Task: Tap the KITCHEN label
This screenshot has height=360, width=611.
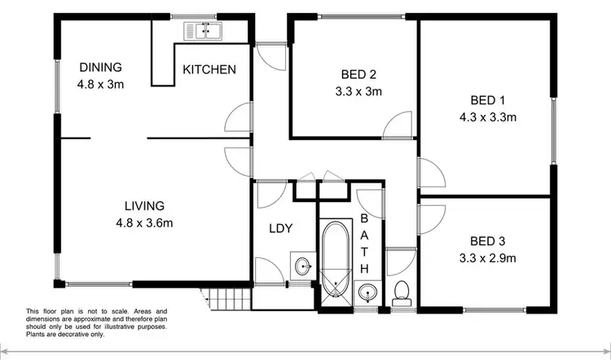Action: point(209,69)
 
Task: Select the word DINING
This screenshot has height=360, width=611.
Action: point(100,67)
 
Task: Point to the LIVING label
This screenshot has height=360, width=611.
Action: point(144,205)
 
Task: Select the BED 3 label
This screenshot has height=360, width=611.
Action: point(488,241)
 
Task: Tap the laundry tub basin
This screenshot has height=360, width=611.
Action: point(303,266)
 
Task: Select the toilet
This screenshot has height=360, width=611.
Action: point(401,291)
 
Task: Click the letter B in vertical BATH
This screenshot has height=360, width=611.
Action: point(364,219)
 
